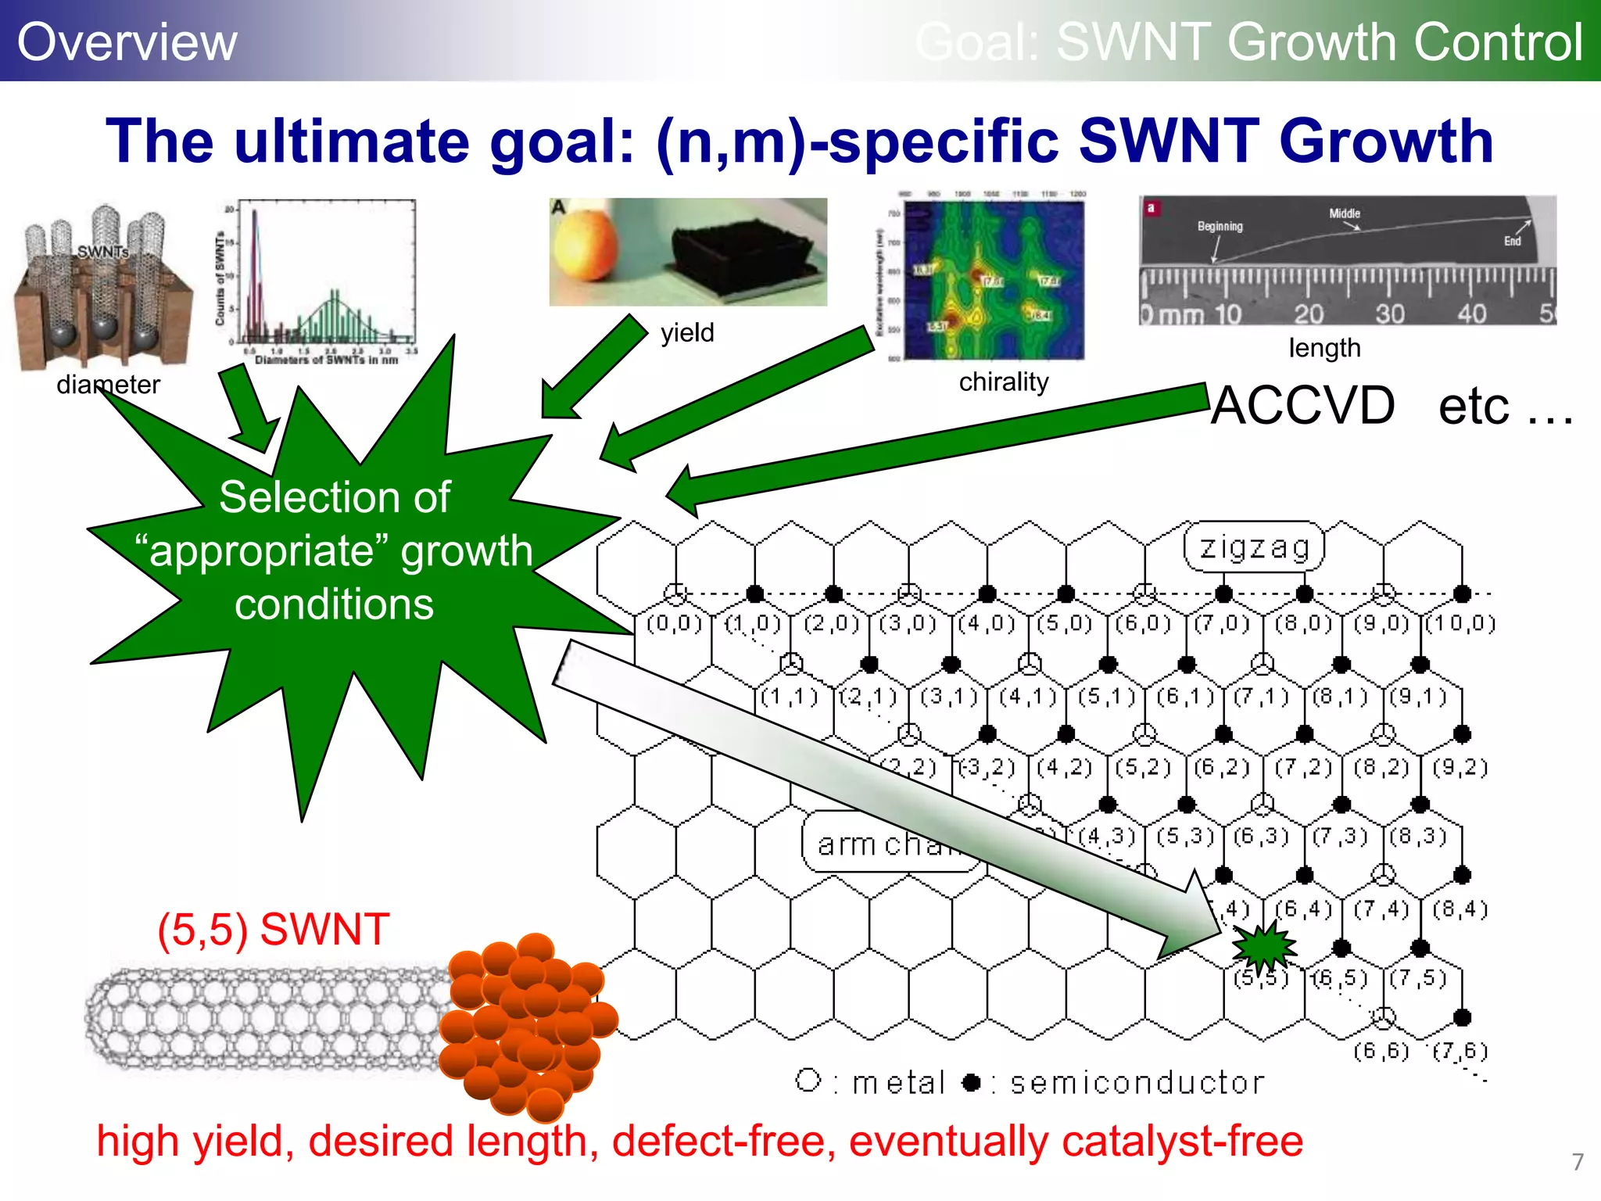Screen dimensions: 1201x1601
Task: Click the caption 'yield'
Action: pyautogui.click(x=687, y=333)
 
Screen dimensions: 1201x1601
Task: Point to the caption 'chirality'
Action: pyautogui.click(x=1004, y=382)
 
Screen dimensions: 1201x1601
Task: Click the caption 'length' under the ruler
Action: pyautogui.click(x=1324, y=348)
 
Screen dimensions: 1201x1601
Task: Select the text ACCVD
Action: pyautogui.click(x=1302, y=406)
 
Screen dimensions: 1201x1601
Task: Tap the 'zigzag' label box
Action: pyautogui.click(x=1254, y=547)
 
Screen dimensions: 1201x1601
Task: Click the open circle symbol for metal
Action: pyautogui.click(x=808, y=1081)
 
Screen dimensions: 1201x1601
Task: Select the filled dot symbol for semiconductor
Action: pyautogui.click(x=971, y=1082)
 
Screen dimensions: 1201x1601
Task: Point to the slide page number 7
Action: pyautogui.click(x=1578, y=1161)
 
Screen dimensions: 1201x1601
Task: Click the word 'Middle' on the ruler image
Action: pyautogui.click(x=1345, y=213)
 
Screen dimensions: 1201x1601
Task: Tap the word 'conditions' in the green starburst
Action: pyautogui.click(x=334, y=604)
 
